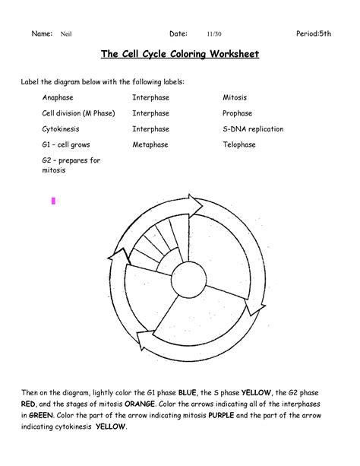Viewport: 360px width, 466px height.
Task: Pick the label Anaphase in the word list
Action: (x=57, y=98)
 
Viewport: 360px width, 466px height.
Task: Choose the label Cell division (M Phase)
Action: (x=78, y=113)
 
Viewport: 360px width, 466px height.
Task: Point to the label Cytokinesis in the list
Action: (x=60, y=129)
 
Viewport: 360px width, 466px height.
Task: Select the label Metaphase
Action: (x=150, y=144)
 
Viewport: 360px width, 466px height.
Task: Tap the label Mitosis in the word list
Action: (x=234, y=98)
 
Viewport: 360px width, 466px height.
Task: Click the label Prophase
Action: (x=236, y=113)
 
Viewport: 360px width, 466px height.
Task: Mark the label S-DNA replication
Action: (x=252, y=129)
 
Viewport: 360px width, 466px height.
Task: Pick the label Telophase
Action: (x=238, y=144)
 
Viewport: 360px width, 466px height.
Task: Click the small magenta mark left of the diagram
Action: (x=54, y=201)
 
